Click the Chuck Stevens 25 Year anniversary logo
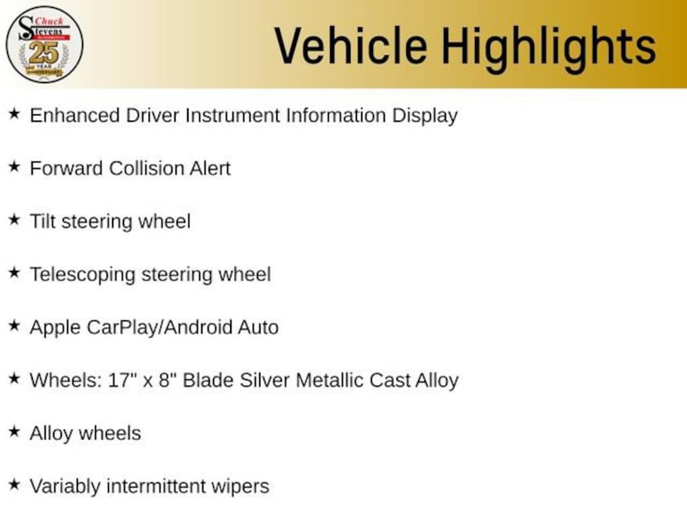(x=44, y=44)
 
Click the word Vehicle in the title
(x=351, y=46)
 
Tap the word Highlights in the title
(x=549, y=48)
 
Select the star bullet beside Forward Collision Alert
(x=15, y=166)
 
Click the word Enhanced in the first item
(x=75, y=115)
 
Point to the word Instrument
(x=232, y=115)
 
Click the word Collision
(x=147, y=168)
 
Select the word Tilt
(x=42, y=221)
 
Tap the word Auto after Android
(x=258, y=327)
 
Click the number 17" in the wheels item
(x=119, y=380)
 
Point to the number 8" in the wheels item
(x=164, y=380)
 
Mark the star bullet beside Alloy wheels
(x=15, y=431)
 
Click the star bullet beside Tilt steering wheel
(x=15, y=219)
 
